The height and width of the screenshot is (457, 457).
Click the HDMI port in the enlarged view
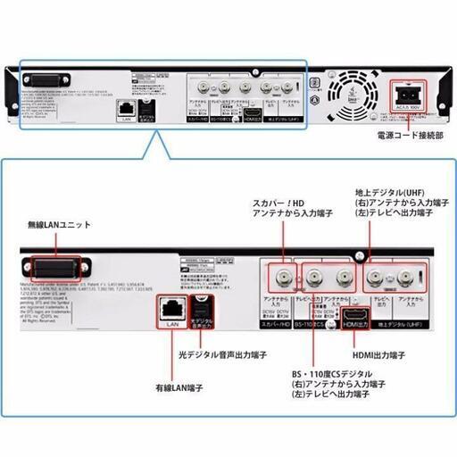(353, 315)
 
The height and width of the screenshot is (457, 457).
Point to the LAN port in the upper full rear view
(125, 104)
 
